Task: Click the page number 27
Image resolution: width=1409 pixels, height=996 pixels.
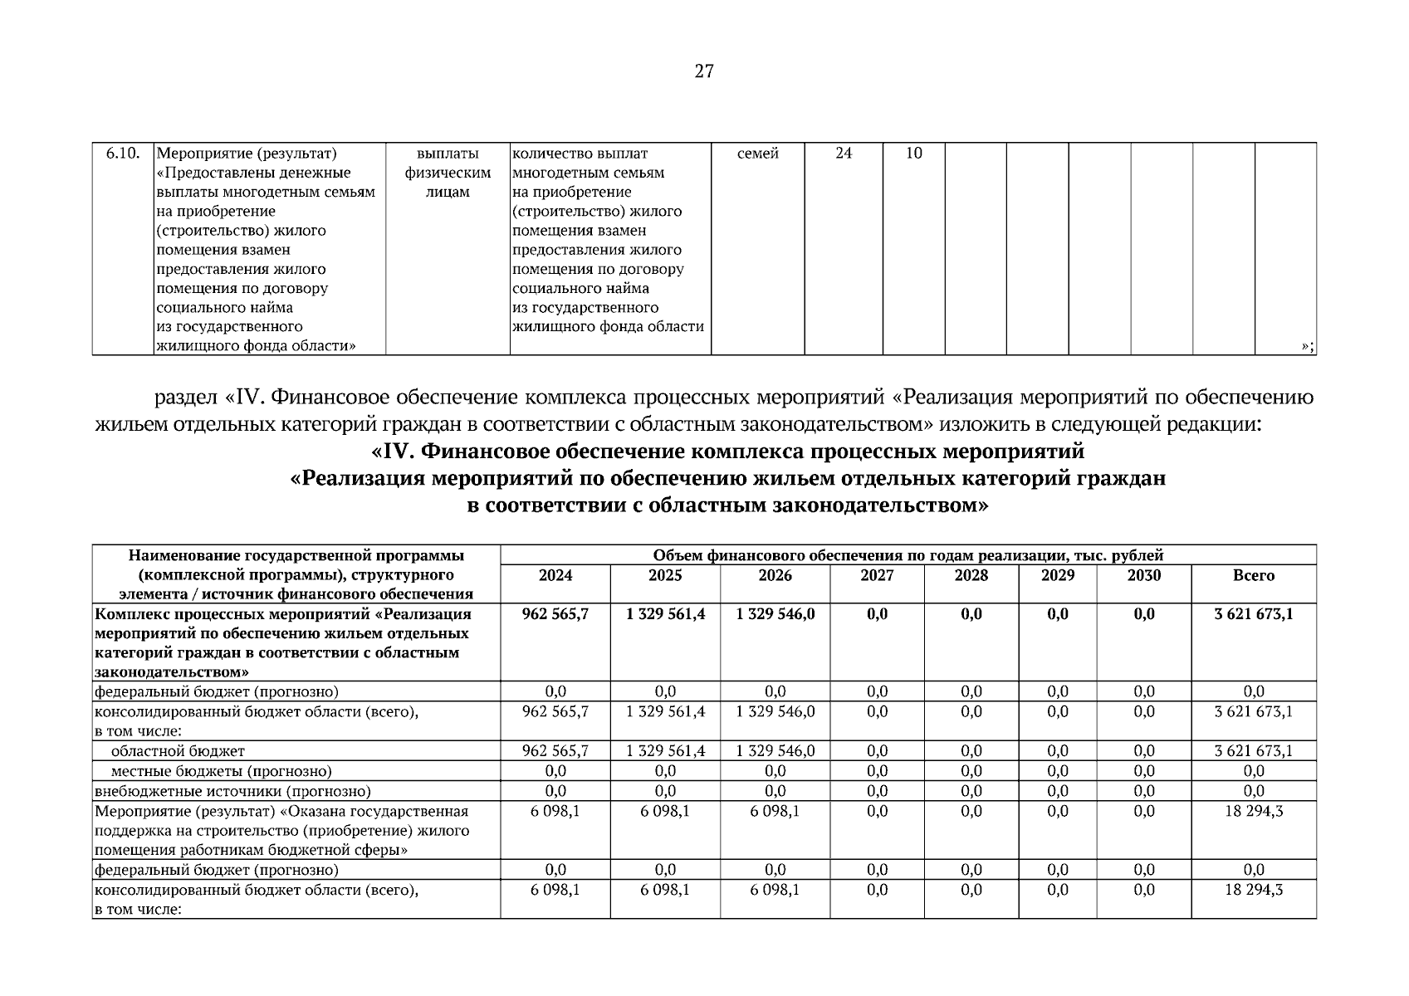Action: (703, 71)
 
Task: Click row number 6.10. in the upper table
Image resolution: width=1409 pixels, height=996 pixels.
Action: (123, 154)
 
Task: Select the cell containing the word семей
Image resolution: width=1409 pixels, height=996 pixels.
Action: (757, 154)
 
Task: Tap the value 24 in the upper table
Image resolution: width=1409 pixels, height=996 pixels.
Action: (843, 154)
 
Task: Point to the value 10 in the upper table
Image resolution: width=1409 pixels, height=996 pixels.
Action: (913, 154)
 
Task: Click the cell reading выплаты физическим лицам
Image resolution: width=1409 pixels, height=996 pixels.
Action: (448, 173)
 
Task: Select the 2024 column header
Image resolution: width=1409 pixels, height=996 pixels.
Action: (555, 575)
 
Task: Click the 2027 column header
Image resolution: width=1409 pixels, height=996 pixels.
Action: (877, 575)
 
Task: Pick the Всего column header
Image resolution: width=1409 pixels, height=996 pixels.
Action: (1253, 575)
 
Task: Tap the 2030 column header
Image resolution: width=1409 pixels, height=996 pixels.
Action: (1143, 575)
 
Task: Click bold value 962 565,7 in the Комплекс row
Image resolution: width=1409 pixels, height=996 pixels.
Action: (555, 614)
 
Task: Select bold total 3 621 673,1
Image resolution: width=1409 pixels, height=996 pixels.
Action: (1253, 614)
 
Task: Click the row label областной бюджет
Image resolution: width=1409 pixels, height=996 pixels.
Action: (178, 751)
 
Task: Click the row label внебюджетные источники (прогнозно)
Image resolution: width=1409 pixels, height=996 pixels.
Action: (232, 791)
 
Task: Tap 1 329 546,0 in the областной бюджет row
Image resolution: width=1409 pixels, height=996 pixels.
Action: (775, 751)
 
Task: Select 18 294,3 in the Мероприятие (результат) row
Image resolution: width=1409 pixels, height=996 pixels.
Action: (1253, 811)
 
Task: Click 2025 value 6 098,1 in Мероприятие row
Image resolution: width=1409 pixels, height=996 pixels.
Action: (664, 811)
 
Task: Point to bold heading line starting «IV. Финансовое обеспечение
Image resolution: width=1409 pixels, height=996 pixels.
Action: (727, 452)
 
